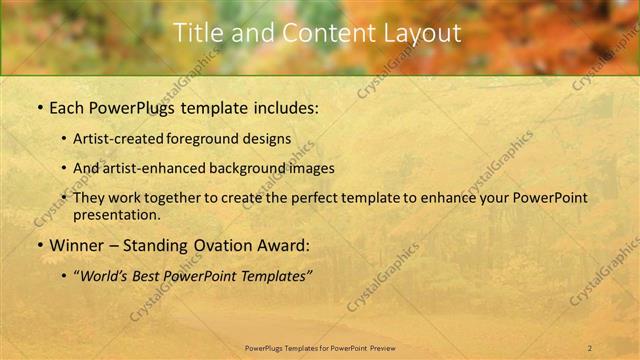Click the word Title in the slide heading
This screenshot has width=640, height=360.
pos(197,33)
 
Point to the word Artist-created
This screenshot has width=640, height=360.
pos(117,138)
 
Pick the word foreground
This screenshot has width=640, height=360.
pos(202,138)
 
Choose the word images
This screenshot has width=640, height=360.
pos(311,168)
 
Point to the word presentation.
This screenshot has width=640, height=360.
pos(116,214)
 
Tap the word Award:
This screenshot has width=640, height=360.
pos(284,245)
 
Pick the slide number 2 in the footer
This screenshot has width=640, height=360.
pos(590,348)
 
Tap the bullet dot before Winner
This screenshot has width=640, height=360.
pos(39,245)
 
